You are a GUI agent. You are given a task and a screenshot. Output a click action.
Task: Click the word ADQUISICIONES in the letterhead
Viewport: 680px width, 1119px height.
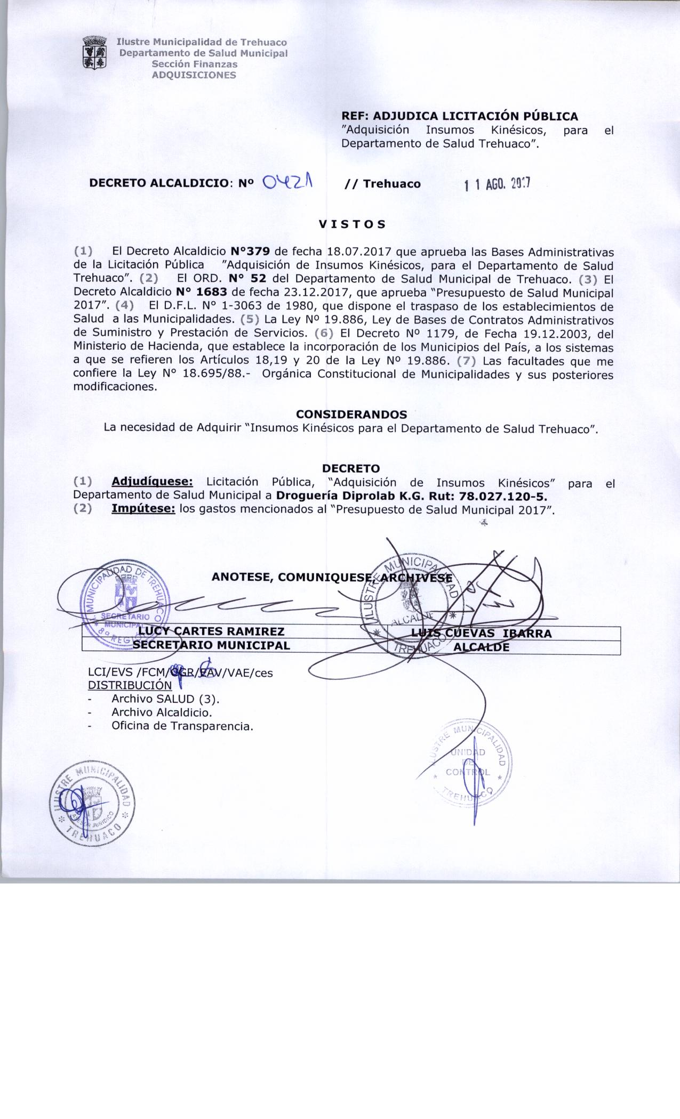[194, 75]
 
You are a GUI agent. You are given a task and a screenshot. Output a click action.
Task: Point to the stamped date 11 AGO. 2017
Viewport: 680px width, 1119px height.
[497, 184]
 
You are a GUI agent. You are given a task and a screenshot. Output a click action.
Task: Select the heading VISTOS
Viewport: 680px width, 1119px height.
[352, 224]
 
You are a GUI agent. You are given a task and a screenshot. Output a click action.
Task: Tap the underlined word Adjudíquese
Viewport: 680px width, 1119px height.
[153, 482]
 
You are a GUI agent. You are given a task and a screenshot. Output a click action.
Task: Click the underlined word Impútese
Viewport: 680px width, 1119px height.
[143, 509]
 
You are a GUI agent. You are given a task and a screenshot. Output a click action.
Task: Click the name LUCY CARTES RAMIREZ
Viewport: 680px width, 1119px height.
[211, 632]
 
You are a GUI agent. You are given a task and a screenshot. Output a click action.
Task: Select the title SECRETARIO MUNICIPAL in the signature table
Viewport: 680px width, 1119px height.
[211, 645]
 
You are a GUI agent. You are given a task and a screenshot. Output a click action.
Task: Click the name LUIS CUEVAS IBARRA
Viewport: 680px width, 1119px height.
[482, 634]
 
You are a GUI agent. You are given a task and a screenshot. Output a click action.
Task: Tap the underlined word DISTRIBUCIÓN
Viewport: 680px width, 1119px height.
[130, 685]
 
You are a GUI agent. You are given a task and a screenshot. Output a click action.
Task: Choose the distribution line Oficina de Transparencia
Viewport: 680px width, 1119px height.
[182, 726]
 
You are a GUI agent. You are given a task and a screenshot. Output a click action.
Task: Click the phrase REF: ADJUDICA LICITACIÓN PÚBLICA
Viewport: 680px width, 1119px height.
[460, 116]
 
